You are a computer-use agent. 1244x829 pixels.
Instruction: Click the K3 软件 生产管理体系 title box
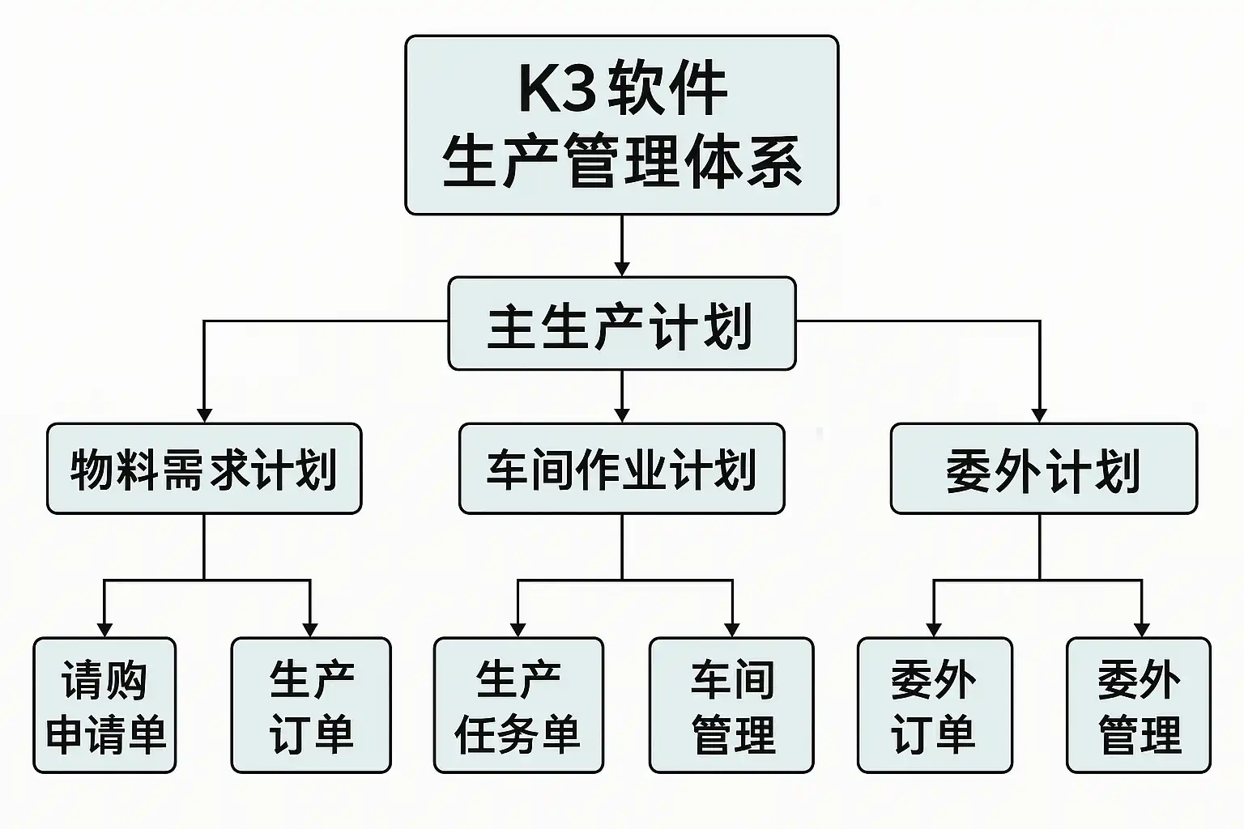(x=621, y=125)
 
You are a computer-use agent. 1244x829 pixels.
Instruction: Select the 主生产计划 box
(x=621, y=324)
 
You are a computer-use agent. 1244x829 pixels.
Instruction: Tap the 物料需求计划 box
(x=204, y=469)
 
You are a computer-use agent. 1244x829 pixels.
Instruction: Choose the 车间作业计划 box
(x=621, y=469)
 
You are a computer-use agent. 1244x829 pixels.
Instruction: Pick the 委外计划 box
(x=1043, y=469)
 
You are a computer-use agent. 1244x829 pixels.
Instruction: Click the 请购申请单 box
(x=104, y=705)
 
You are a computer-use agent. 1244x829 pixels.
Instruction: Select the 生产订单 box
(x=311, y=705)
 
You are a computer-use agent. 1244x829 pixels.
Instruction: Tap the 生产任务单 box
(x=518, y=705)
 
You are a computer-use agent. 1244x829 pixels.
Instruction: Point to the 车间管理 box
(x=731, y=705)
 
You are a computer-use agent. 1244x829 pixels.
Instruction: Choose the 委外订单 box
(x=935, y=705)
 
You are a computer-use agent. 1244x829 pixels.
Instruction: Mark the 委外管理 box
(x=1139, y=705)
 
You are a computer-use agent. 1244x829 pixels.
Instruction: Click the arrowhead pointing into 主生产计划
(x=621, y=268)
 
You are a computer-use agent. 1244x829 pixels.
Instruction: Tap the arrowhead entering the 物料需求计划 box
(x=204, y=414)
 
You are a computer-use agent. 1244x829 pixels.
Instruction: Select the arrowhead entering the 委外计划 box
(x=1039, y=414)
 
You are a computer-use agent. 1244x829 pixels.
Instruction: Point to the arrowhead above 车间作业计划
(x=621, y=414)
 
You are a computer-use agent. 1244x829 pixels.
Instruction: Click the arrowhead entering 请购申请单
(x=104, y=629)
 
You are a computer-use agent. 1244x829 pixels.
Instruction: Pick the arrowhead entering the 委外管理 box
(x=1142, y=629)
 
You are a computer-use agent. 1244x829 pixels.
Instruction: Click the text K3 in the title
(x=556, y=88)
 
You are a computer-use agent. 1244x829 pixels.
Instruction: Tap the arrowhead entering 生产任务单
(x=518, y=629)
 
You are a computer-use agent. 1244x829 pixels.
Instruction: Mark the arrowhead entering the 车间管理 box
(x=732, y=629)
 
